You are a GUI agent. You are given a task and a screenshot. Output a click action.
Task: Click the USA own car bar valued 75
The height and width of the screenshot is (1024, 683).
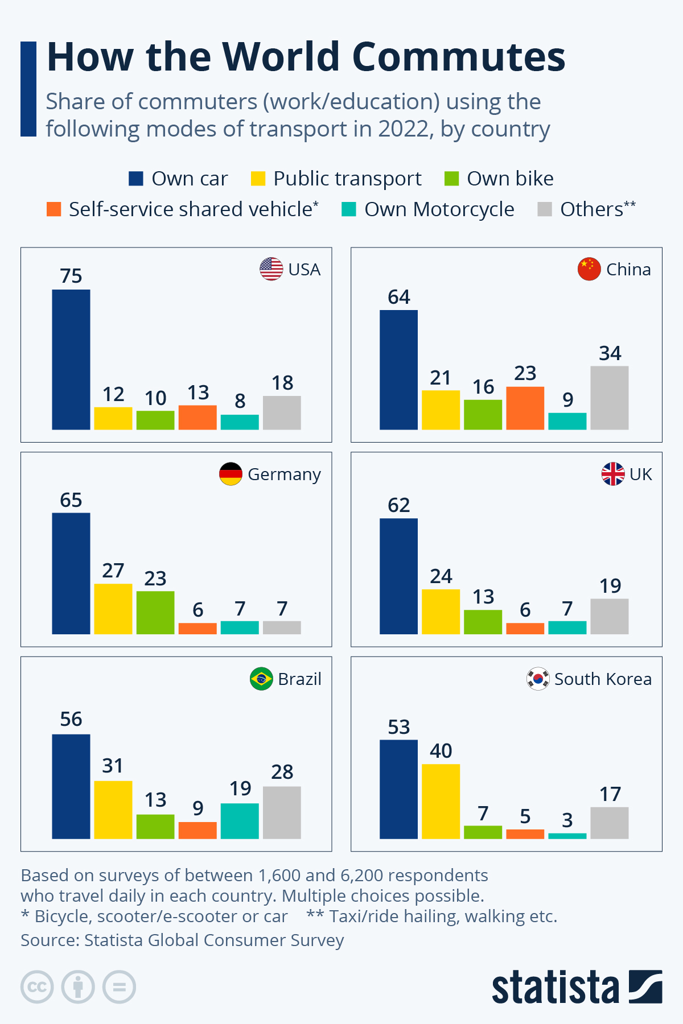coord(71,360)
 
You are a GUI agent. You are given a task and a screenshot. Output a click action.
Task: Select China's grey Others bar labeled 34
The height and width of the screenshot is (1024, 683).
coord(609,398)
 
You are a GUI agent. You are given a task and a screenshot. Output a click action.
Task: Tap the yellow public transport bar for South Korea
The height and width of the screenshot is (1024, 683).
coord(441,801)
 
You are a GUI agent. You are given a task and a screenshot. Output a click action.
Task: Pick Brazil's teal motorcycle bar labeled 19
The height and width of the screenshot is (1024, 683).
coord(240,821)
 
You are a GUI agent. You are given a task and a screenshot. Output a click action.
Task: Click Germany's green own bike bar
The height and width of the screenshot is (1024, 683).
coord(155,613)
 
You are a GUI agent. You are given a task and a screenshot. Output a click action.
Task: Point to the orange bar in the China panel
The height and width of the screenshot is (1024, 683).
coord(525,408)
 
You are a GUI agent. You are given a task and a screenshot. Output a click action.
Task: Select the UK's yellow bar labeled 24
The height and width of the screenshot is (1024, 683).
coord(441,612)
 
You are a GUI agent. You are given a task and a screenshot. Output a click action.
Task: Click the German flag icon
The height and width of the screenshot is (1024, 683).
coord(231,474)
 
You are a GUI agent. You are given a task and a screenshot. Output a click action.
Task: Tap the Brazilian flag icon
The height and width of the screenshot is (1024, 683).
coord(261,679)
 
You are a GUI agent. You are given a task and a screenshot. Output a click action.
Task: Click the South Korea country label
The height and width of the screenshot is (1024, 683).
coord(602,679)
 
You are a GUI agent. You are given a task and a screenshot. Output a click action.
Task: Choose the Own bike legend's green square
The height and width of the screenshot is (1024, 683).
coord(451,179)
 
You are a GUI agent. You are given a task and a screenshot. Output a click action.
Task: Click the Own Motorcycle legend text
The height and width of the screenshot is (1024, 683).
coord(439,209)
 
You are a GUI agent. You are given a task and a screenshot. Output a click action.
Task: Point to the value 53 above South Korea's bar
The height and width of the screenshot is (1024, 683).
coord(398,727)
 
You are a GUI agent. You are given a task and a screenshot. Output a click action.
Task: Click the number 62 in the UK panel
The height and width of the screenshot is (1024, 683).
coord(398,505)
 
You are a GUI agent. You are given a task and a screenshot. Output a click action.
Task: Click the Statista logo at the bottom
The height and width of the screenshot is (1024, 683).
coord(576,987)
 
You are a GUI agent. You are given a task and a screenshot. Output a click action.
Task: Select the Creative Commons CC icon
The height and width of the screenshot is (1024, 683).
coord(37,986)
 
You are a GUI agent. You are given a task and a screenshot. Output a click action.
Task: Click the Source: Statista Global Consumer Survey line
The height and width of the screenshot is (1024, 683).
coord(182,940)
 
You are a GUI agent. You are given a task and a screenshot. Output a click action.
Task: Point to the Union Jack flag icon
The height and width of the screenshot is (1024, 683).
coord(612,474)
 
